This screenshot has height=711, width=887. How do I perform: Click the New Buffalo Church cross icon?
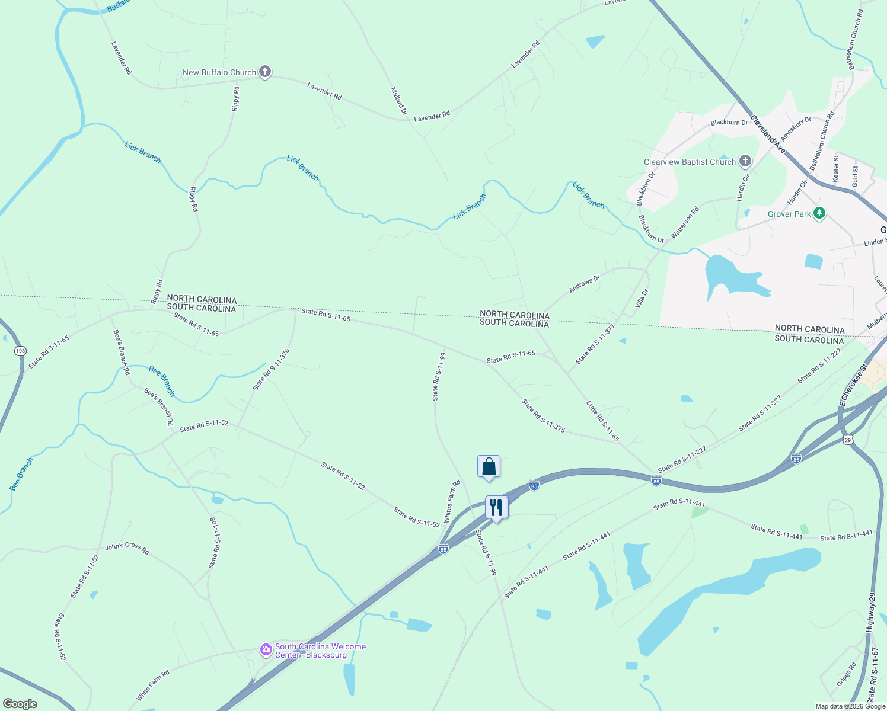265,72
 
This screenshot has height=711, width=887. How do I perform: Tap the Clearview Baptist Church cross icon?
745,161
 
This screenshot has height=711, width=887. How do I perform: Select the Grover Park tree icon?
819,213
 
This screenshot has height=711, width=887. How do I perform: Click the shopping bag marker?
489,467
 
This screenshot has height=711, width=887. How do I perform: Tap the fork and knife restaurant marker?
496,508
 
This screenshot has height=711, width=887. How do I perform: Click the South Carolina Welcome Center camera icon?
266,650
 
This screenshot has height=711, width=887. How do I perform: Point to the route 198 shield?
21,351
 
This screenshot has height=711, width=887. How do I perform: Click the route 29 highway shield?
848,439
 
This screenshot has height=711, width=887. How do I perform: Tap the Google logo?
20,703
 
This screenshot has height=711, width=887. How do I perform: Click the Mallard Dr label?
399,101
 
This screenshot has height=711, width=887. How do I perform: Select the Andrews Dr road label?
584,284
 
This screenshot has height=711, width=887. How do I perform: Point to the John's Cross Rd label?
127,549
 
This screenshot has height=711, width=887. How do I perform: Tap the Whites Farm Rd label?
452,501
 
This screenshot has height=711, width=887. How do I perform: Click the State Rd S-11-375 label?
543,415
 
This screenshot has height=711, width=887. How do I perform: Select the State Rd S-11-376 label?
271,370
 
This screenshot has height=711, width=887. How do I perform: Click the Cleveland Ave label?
768,134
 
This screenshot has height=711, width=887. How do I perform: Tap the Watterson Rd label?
685,223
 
